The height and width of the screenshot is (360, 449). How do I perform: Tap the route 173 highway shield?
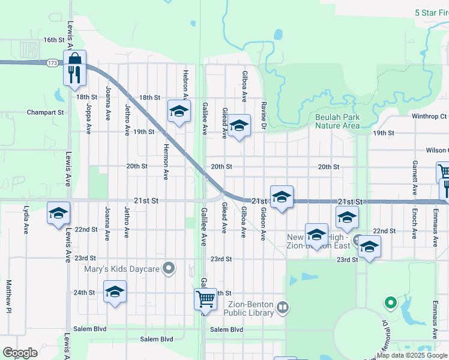point(52,62)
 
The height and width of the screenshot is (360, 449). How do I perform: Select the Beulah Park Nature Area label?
point(338,121)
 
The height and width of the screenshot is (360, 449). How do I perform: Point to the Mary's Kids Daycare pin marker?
point(170,269)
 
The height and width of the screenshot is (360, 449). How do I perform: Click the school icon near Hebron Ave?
point(179,111)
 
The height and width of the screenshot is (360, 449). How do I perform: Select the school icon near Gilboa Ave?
point(239,126)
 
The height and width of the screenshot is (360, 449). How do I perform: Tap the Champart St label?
point(45,112)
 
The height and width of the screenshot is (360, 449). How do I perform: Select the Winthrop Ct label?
point(429,116)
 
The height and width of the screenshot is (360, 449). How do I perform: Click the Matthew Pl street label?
point(9,297)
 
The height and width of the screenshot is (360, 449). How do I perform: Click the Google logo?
point(20,353)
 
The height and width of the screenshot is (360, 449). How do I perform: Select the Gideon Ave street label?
point(263,224)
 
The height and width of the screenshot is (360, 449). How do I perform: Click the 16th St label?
point(53,40)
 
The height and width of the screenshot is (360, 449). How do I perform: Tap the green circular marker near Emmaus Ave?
point(391,303)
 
